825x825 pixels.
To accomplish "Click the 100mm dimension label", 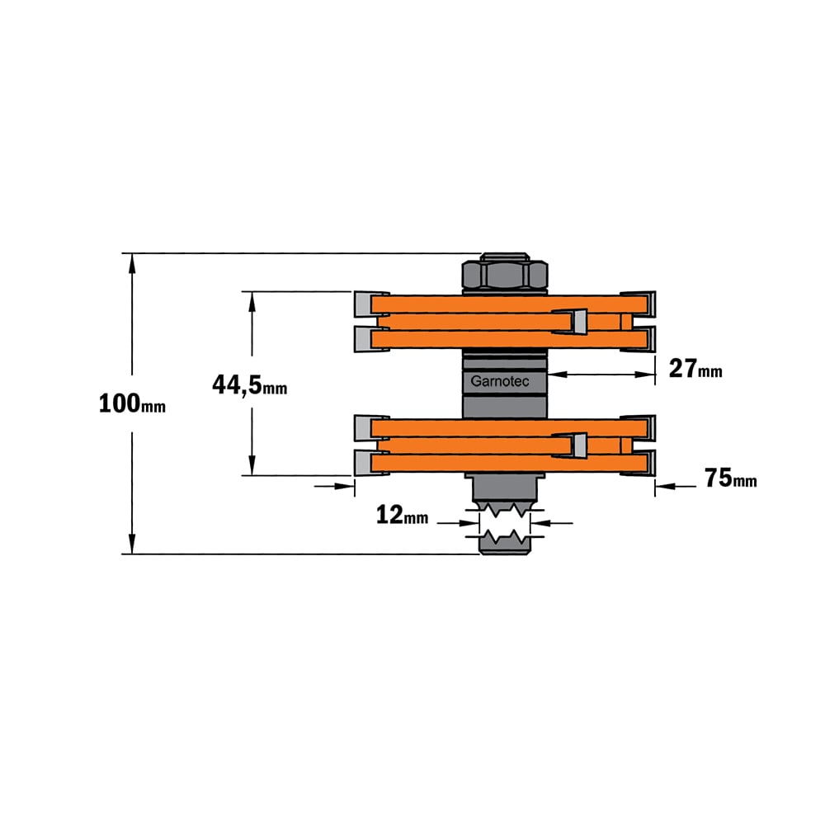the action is pyautogui.click(x=132, y=403).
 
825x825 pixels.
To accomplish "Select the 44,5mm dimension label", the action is pyautogui.click(x=249, y=384).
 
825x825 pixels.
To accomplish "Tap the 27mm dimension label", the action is pyautogui.click(x=695, y=368).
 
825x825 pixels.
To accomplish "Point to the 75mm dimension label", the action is pyautogui.click(x=730, y=478).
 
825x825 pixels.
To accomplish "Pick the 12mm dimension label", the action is pyautogui.click(x=402, y=515).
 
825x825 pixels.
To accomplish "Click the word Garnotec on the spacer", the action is pyautogui.click(x=500, y=381).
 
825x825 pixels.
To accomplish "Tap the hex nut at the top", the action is pyautogui.click(x=505, y=273).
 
